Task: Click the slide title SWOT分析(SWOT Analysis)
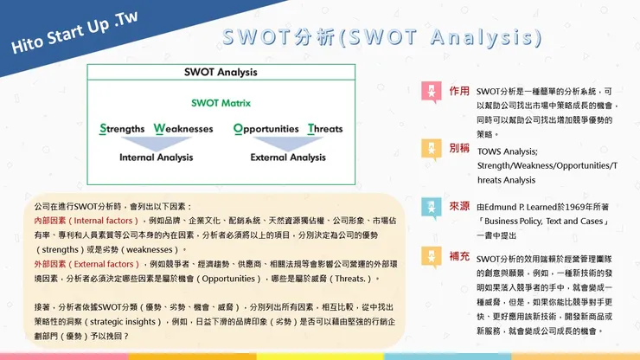pos(381,39)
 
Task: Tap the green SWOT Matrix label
pos(221,103)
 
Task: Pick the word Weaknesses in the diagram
pos(183,129)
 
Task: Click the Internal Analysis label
pos(156,157)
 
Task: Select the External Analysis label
pos(288,157)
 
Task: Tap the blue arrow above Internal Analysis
pos(156,142)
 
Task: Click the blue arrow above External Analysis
pos(288,142)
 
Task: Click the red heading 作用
pos(459,90)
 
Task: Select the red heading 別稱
pos(459,148)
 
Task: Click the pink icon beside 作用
pos(432,91)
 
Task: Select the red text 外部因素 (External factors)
pos(76,263)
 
